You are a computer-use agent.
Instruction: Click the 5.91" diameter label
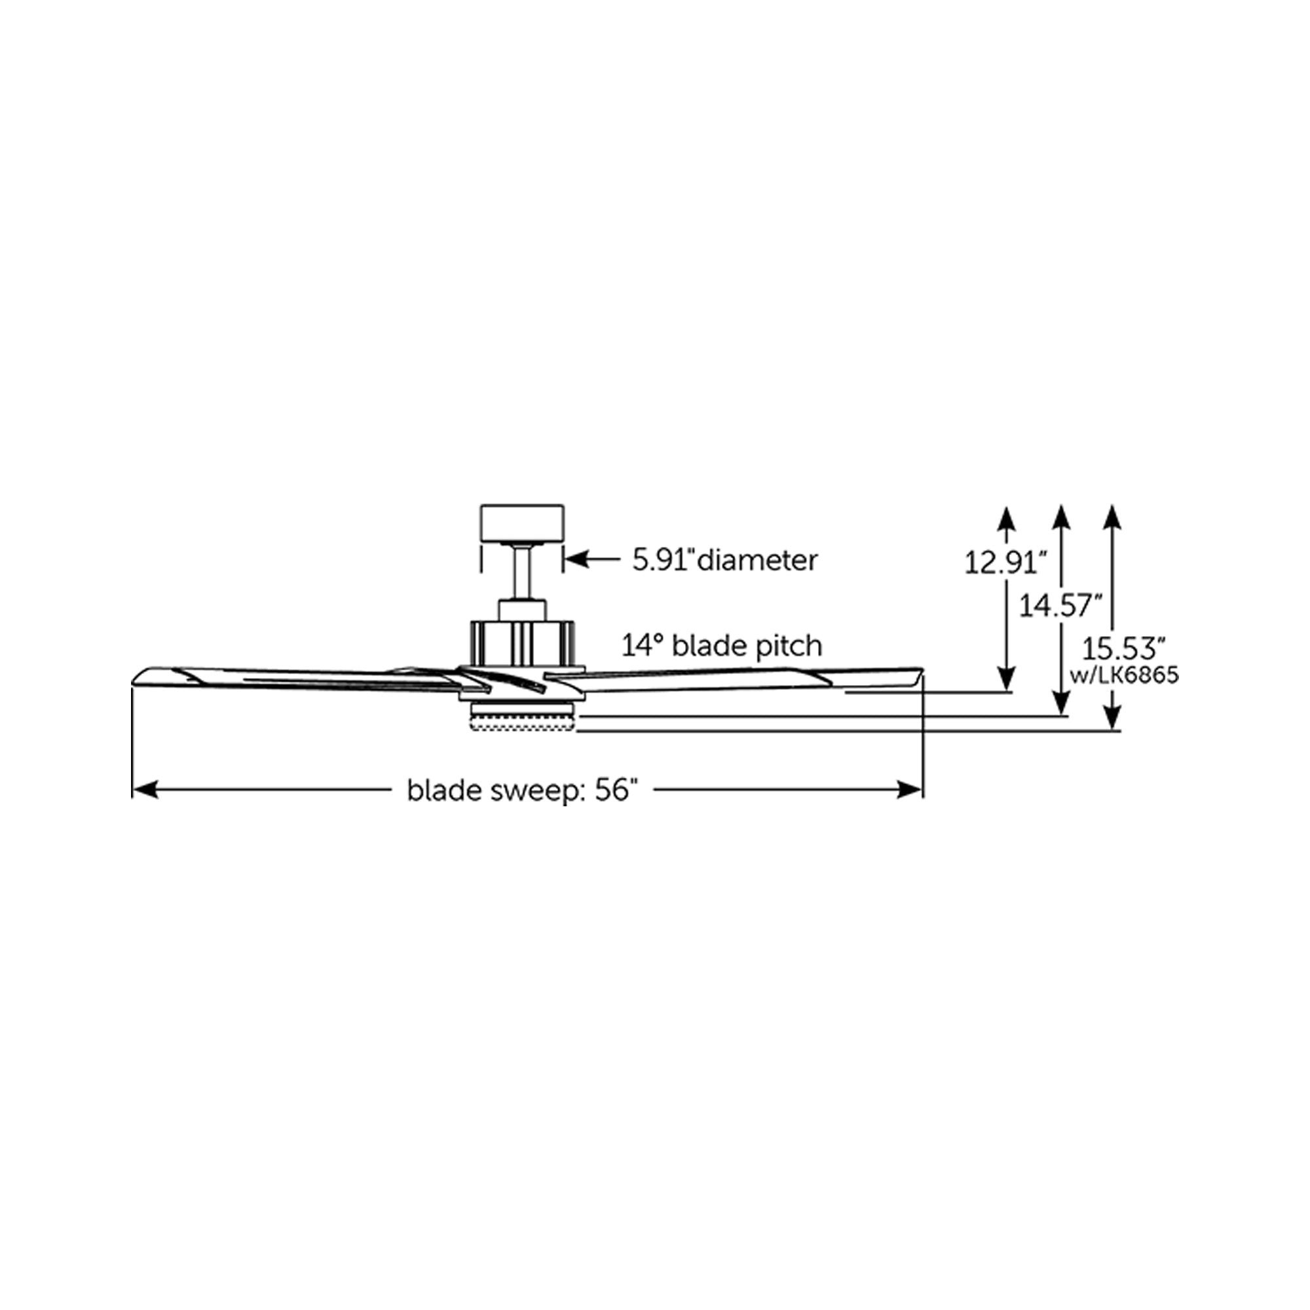725,560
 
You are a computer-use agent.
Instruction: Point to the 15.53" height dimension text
1122,648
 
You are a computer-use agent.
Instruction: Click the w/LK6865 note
1124,675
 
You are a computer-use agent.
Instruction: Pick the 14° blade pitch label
722,646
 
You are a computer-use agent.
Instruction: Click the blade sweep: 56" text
522,791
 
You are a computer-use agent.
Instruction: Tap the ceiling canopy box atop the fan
521,523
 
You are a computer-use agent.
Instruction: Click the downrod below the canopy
521,573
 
